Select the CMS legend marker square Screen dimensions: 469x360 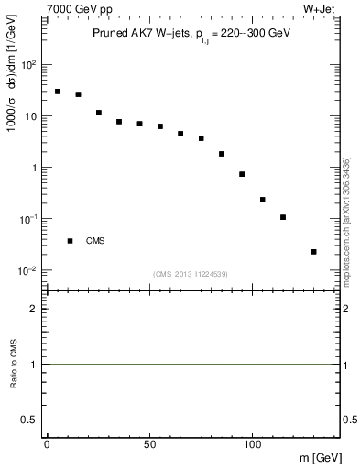pos(70,241)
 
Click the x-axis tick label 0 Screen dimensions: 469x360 pos(47,442)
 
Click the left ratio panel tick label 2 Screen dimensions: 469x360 pos(34,310)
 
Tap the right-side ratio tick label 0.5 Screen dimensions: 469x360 pos(350,419)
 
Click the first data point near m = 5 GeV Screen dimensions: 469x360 pos(58,92)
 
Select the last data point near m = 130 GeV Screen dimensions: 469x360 pos(314,251)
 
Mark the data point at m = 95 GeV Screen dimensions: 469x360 pos(242,174)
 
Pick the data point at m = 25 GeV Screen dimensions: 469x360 pos(98,113)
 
